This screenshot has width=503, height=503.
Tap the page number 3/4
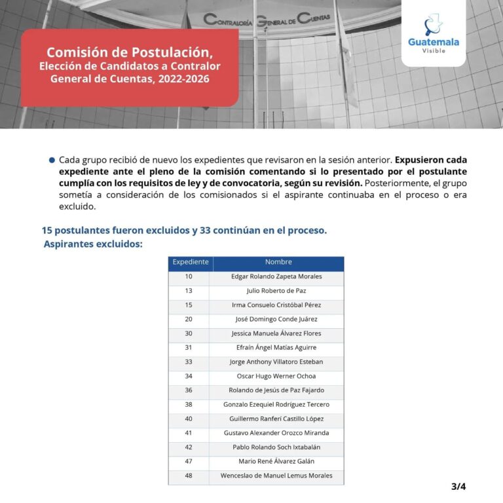click(458, 486)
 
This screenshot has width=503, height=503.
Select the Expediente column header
click(190, 263)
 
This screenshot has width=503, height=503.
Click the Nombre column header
click(278, 263)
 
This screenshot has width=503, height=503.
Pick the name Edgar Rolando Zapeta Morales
click(276, 277)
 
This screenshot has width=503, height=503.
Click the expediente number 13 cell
click(189, 291)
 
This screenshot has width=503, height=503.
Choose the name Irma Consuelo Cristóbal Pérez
click(276, 305)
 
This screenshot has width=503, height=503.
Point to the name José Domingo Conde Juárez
click(276, 320)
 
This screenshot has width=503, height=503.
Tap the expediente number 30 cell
click(189, 333)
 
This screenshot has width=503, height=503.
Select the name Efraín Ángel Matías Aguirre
click(276, 348)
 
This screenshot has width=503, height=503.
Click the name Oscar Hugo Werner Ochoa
click(276, 377)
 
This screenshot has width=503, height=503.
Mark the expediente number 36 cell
click(189, 390)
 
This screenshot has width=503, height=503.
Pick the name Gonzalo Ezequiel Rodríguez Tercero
click(276, 405)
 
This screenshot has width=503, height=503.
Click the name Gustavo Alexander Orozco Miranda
click(276, 433)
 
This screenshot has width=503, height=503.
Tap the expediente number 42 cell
click(189, 447)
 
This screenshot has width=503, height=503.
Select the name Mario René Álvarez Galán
click(276, 462)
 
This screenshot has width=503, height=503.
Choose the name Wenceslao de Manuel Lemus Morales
click(276, 476)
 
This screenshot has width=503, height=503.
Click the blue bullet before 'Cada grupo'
click(52, 160)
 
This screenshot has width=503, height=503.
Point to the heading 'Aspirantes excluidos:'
click(93, 244)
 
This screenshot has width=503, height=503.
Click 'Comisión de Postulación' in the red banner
click(130, 52)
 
